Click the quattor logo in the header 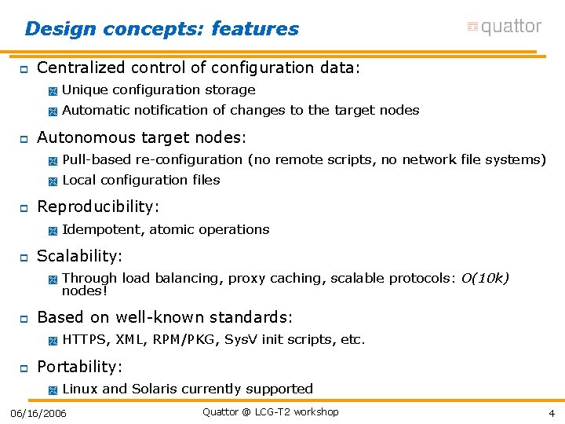[x=504, y=27]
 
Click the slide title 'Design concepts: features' [x=162, y=29]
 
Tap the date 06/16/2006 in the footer [x=38, y=414]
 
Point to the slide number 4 [x=552, y=414]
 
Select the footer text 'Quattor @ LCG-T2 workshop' [x=270, y=412]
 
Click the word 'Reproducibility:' [x=98, y=207]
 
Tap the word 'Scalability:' [x=80, y=257]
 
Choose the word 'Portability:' [x=80, y=367]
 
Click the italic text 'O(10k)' [x=485, y=278]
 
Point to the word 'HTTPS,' [x=86, y=340]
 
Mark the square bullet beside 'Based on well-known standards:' [x=24, y=319]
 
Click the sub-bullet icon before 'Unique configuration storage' [x=53, y=91]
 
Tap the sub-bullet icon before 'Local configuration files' [x=53, y=181]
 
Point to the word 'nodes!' [x=85, y=291]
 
